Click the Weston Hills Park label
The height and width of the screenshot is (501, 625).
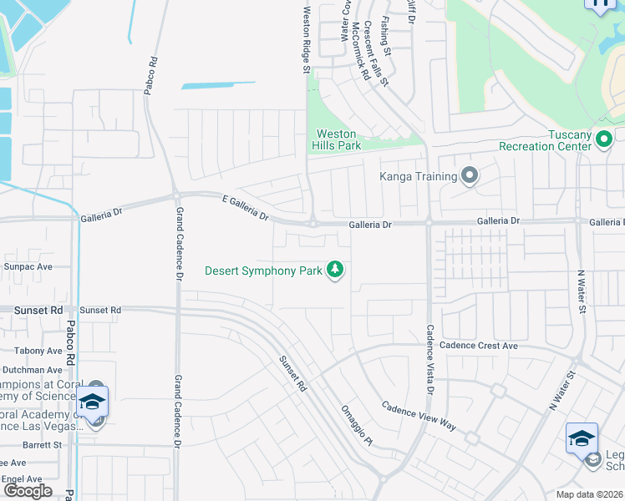[338, 139]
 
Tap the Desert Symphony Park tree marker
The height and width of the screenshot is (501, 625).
[335, 270]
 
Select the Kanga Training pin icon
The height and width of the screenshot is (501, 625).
[470, 176]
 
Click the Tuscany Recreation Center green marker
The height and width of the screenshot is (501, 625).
[605, 140]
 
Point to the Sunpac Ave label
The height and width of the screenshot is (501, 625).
[28, 267]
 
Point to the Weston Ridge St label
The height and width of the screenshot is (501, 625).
[307, 39]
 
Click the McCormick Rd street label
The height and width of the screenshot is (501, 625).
[360, 50]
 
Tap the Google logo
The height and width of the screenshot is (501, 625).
[28, 491]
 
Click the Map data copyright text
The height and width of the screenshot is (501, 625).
[588, 494]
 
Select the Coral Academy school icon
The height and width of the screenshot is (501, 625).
[94, 403]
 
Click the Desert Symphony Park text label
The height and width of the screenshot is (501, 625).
[264, 271]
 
